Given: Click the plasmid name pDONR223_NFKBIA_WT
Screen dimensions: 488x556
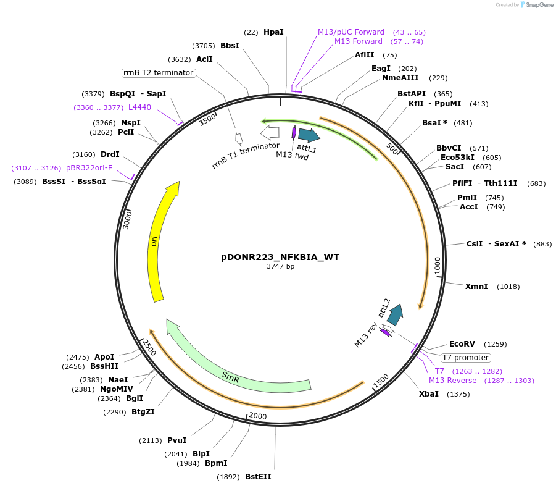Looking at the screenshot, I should point(280,256).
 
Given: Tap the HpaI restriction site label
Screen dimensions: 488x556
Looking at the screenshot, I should point(273,32).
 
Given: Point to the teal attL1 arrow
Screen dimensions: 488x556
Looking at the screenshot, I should point(308,135).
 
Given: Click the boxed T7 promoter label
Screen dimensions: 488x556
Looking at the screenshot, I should point(465,358).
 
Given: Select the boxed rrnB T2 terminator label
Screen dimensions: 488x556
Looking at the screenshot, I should point(159,73).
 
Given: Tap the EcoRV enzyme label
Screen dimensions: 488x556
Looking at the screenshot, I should point(462,343).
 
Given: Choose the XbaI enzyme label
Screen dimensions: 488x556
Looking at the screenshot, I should point(429,393).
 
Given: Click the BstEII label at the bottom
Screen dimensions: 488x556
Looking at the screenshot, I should point(258,476).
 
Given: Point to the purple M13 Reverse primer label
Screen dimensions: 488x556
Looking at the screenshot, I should point(452,381).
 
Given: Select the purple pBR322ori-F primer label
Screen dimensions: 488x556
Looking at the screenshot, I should point(89,168).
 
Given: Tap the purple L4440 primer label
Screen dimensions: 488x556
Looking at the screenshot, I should point(139,107).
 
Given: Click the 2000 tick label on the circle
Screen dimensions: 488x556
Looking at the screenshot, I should point(258,416).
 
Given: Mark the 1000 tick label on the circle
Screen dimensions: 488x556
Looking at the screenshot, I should point(438,266).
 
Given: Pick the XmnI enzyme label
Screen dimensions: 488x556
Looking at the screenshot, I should point(476,287).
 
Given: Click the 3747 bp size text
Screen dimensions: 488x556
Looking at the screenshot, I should point(280,267).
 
